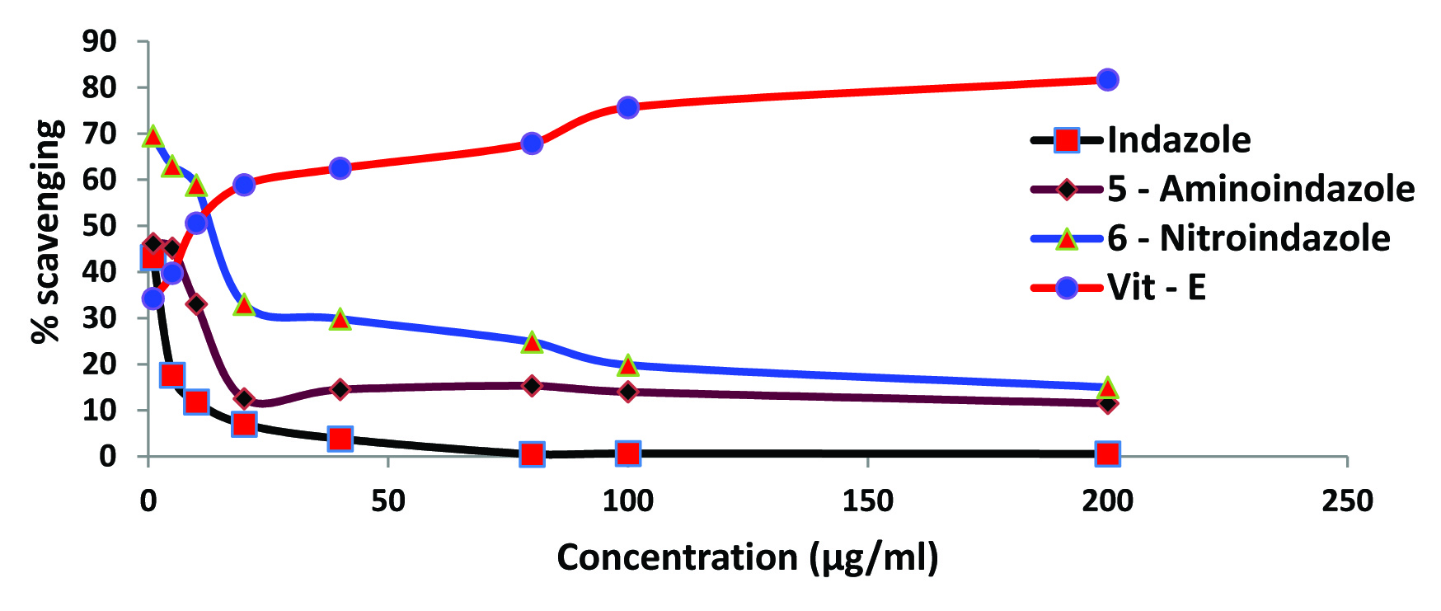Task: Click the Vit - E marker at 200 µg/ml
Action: pyautogui.click(x=1107, y=80)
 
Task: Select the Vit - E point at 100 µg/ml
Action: pyautogui.click(x=627, y=107)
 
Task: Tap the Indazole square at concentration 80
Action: pyautogui.click(x=532, y=454)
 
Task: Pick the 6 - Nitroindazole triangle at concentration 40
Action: pyautogui.click(x=340, y=319)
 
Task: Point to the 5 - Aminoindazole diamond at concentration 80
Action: pyautogui.click(x=532, y=385)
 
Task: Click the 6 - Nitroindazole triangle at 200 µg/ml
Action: pyautogui.click(x=1107, y=388)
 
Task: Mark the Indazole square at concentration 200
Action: pyautogui.click(x=1107, y=454)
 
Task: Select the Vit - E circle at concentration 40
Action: pyautogui.click(x=340, y=168)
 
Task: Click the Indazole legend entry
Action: pyautogui.click(x=1178, y=140)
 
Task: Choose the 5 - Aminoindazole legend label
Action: pyautogui.click(x=1260, y=189)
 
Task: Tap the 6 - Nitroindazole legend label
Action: pyautogui.click(x=1248, y=238)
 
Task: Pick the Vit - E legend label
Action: pyautogui.click(x=1156, y=287)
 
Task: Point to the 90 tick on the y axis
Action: pyautogui.click(x=99, y=41)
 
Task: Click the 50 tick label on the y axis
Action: pyautogui.click(x=99, y=225)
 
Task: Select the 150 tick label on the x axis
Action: pyautogui.click(x=867, y=501)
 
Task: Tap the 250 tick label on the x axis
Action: pyautogui.click(x=1346, y=501)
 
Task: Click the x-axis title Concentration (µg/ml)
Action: pyautogui.click(x=747, y=557)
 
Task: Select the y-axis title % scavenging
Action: pyautogui.click(x=46, y=231)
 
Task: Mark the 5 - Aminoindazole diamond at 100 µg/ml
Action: pyautogui.click(x=627, y=391)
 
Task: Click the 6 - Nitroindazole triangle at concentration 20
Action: pyautogui.click(x=243, y=305)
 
